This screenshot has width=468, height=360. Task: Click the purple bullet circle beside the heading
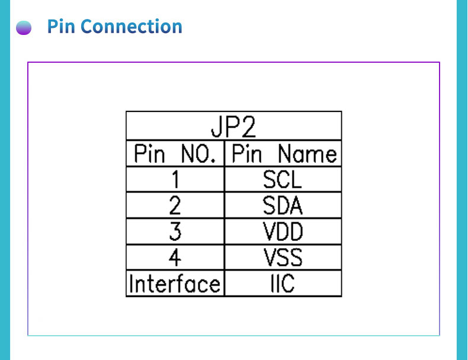(x=24, y=28)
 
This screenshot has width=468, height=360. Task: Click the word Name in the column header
(x=307, y=155)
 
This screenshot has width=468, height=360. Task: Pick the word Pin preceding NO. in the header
(x=149, y=155)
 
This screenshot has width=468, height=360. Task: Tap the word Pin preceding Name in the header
(x=246, y=155)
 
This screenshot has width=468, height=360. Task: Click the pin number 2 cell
(x=175, y=205)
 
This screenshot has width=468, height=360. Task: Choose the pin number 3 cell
(x=175, y=232)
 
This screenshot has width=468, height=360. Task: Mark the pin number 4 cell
(x=175, y=258)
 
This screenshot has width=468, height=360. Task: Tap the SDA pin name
(x=283, y=205)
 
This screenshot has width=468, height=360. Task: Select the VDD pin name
(x=283, y=232)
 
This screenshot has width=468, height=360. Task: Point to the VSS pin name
(x=283, y=258)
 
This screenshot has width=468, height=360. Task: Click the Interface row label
(x=175, y=284)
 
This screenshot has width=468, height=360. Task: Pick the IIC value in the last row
(x=283, y=284)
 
